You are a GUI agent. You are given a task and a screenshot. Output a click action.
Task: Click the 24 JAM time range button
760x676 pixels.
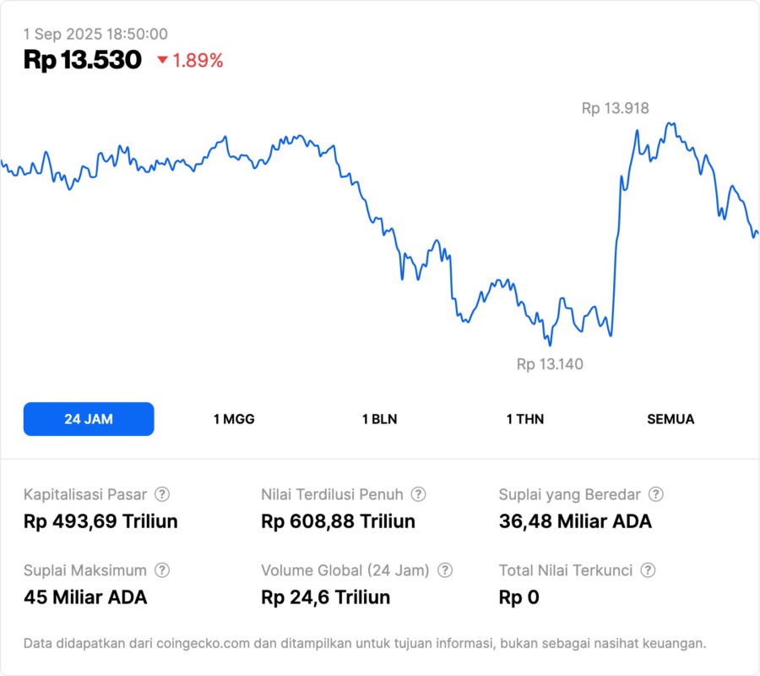pos(89,419)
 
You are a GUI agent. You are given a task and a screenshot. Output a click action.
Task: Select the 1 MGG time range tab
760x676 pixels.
pos(234,419)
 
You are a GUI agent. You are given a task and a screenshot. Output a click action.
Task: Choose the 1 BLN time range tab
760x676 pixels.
pos(379,419)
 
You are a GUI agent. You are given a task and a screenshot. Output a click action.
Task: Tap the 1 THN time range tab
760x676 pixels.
pos(525,419)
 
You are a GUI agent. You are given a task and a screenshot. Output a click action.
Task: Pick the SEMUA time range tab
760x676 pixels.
pos(670,419)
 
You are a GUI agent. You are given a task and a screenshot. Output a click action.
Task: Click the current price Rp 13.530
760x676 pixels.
pos(83,60)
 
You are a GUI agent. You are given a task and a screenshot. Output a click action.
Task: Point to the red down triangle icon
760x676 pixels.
pos(163,60)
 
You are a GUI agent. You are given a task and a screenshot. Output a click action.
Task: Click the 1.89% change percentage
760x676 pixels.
pos(198,60)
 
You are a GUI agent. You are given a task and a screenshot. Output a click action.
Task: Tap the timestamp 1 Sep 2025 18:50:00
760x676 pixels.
pos(95,35)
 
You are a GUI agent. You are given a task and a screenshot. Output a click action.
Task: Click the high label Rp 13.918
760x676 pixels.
pos(615,108)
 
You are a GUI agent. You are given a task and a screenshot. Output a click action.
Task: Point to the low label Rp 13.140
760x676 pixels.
pos(550,364)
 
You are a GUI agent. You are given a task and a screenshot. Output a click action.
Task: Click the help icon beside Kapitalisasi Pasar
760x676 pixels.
pos(162,494)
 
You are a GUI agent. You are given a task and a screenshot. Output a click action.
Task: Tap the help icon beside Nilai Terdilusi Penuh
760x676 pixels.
pos(418,494)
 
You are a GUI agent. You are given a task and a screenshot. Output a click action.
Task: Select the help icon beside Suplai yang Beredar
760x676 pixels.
pos(655,494)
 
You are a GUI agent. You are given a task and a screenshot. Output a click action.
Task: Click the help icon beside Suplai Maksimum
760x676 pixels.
pos(162,570)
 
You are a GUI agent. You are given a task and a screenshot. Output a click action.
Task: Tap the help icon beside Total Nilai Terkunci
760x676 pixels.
pos(648,570)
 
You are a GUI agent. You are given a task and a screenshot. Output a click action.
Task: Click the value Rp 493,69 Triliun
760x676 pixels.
pos(100,521)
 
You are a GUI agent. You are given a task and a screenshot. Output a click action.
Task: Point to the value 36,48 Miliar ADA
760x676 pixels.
pos(575,521)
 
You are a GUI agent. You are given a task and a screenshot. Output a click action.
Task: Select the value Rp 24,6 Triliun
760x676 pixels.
pos(326,597)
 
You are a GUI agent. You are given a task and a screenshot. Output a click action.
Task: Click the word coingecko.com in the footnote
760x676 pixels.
pos(201,644)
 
